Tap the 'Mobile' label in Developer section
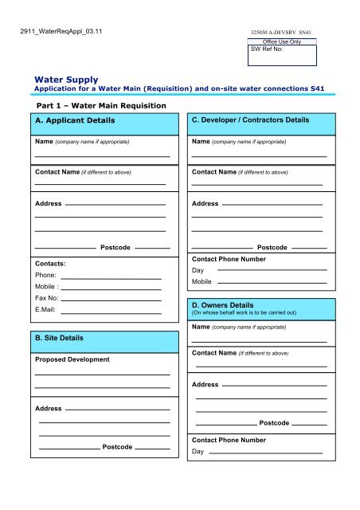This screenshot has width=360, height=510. pos(202,281)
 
